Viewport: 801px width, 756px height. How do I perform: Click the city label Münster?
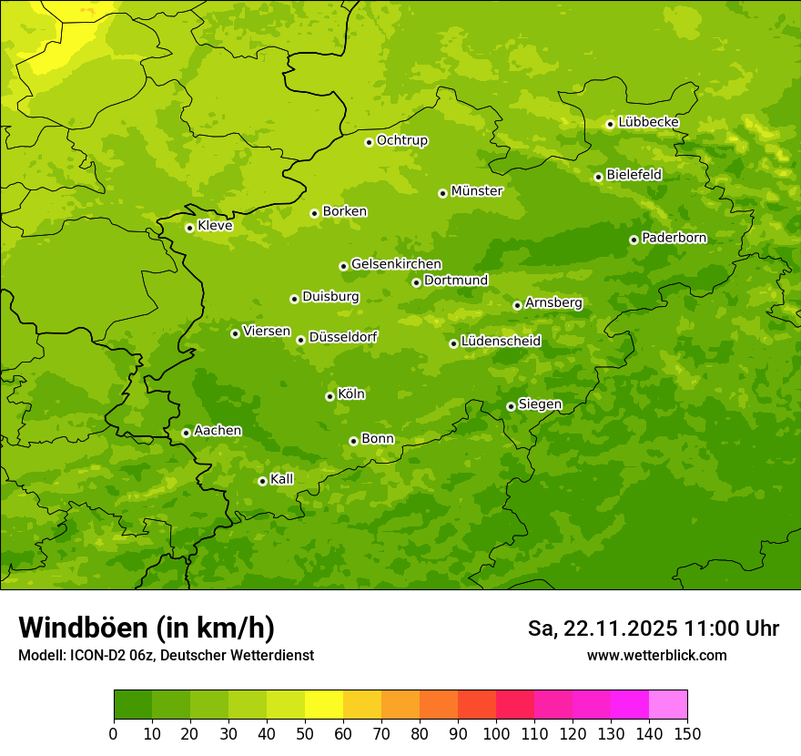tap(477, 191)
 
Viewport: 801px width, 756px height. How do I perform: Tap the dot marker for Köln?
tap(330, 396)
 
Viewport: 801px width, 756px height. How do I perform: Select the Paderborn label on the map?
tap(674, 238)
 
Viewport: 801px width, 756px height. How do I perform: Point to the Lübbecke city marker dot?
tap(610, 124)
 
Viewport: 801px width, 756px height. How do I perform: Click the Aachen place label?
tap(218, 430)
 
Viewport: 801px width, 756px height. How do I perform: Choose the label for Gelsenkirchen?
tap(396, 264)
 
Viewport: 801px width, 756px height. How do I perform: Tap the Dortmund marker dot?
tap(416, 282)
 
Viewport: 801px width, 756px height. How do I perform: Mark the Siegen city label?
tap(540, 404)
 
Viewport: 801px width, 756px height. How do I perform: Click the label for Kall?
tap(282, 479)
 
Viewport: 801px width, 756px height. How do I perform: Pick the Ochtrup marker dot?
tap(369, 142)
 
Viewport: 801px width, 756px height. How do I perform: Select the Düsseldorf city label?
tap(343, 337)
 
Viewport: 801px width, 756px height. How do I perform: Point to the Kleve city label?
tap(215, 226)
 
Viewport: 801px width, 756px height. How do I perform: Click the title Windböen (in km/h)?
tap(146, 628)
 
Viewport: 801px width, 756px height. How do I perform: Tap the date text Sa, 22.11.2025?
tap(603, 628)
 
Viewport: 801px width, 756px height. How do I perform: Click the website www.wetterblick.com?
tap(656, 655)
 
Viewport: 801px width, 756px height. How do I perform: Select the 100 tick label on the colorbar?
tap(496, 733)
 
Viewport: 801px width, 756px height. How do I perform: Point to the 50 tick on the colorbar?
tap(305, 733)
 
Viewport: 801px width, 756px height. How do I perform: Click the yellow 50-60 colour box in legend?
tap(324, 705)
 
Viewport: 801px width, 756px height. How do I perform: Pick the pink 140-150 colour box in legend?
tap(668, 705)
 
